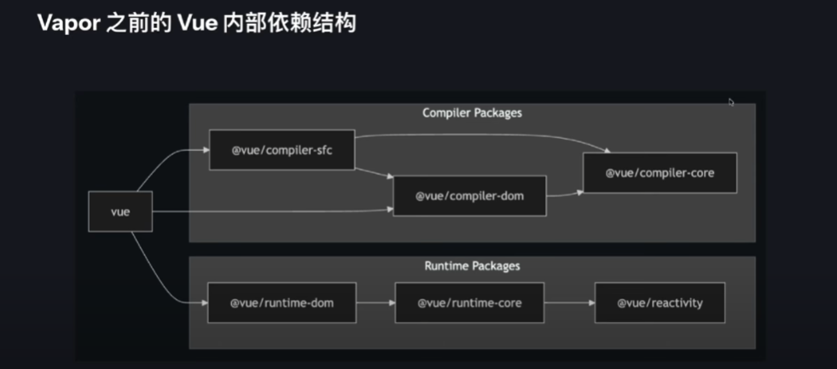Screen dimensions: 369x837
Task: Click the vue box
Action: pyautogui.click(x=120, y=211)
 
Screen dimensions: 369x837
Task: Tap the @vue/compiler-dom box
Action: pyautogui.click(x=468, y=196)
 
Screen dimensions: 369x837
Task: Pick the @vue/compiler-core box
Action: pyautogui.click(x=659, y=172)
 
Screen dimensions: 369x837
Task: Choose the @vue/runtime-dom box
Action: pyautogui.click(x=282, y=303)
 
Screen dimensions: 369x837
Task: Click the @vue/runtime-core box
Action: pyautogui.click(x=469, y=303)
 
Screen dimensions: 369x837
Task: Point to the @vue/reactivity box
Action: pyautogui.click(x=660, y=303)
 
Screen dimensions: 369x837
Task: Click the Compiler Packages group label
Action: pyautogui.click(x=472, y=112)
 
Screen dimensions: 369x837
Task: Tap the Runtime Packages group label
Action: pyautogui.click(x=472, y=266)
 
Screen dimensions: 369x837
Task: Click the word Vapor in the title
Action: pyautogui.click(x=67, y=23)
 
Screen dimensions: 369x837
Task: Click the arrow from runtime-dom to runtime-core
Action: pyautogui.click(x=375, y=303)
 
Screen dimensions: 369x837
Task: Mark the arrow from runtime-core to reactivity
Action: pyautogui.click(x=569, y=303)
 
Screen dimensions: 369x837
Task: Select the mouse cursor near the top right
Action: pyautogui.click(x=731, y=102)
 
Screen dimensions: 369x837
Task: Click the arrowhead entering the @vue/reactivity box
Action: pyautogui.click(x=590, y=303)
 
